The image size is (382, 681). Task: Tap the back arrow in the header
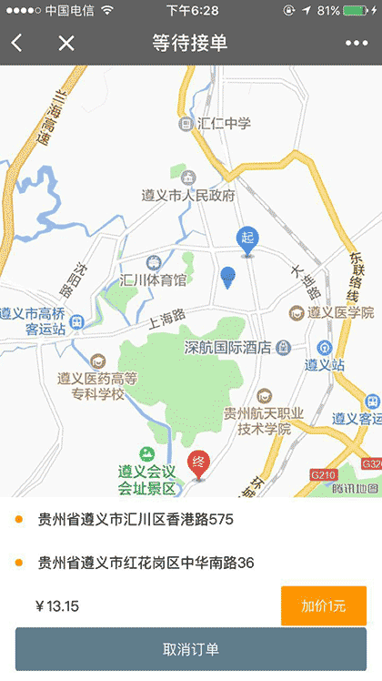[17, 43]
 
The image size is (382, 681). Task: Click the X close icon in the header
[66, 43]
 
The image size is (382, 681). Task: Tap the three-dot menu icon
[357, 44]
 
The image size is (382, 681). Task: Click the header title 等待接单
[191, 43]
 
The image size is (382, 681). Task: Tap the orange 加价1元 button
[323, 606]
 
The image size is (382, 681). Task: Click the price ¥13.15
[56, 606]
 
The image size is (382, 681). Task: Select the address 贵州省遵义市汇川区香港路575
[135, 520]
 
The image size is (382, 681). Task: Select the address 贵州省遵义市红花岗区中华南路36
[145, 563]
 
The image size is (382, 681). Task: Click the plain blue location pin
[228, 277]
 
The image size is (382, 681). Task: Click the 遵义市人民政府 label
[188, 195]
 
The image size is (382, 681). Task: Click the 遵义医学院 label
[339, 312]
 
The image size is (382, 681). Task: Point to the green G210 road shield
[323, 474]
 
